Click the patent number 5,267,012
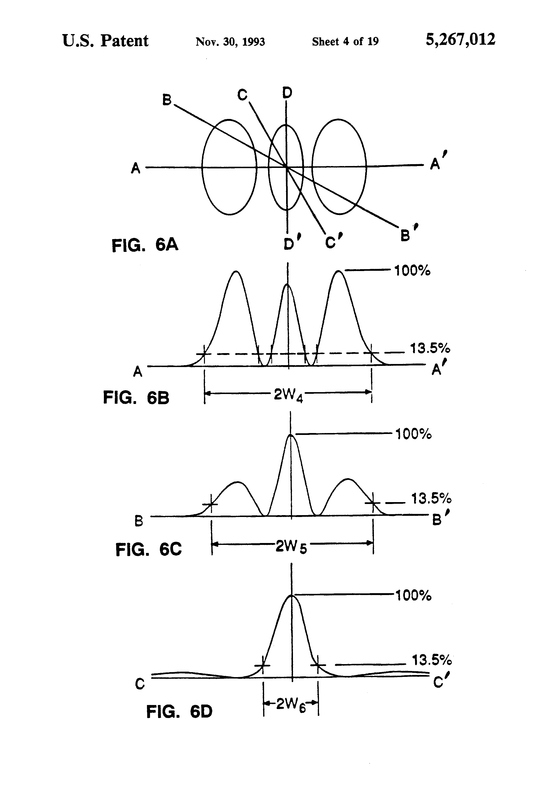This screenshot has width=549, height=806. (x=460, y=40)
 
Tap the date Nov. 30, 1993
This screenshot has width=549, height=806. (x=230, y=42)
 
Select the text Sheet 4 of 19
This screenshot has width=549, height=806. (x=345, y=42)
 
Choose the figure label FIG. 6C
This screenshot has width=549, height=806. (x=149, y=549)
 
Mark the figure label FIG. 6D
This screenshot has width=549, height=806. (x=179, y=712)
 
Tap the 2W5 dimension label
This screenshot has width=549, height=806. (x=291, y=547)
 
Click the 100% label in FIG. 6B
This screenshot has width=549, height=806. (x=412, y=271)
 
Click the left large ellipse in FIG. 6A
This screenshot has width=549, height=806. (x=203, y=166)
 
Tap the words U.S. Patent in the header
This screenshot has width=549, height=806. (x=105, y=41)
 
